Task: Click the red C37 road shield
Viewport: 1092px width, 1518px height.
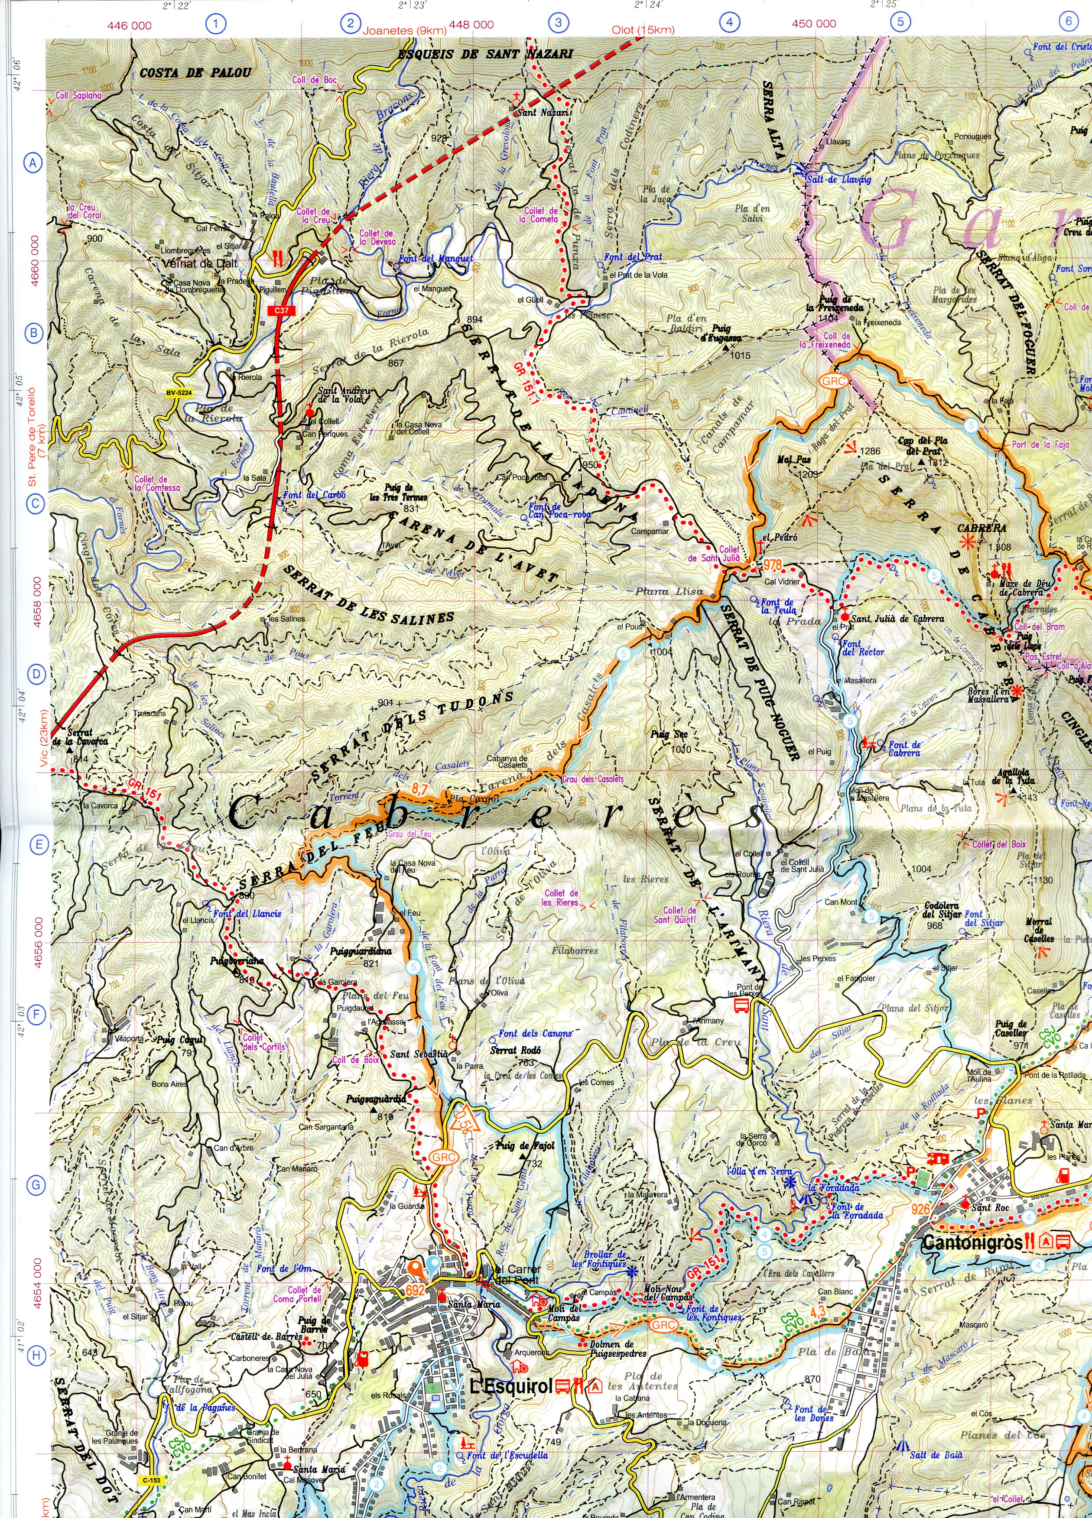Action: pos(282,311)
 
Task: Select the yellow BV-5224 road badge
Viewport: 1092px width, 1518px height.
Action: pos(179,393)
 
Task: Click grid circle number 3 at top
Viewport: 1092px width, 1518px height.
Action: pos(559,23)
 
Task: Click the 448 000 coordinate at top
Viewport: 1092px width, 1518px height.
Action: pos(471,25)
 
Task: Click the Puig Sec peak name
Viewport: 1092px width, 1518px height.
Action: pos(669,734)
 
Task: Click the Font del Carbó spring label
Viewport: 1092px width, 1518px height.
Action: pos(314,495)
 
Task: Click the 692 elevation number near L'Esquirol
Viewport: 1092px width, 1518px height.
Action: pos(416,1290)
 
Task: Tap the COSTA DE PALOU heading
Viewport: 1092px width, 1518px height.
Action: pos(195,73)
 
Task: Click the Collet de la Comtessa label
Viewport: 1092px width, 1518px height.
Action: pos(157,483)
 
